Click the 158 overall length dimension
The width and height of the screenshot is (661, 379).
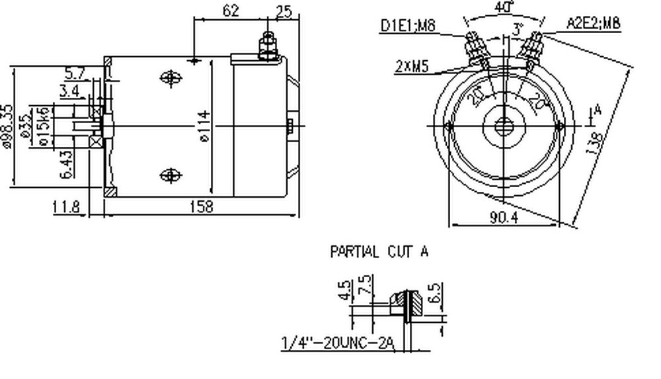click(x=201, y=207)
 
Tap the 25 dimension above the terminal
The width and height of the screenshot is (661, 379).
click(x=284, y=10)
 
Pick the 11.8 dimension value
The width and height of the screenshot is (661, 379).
click(x=66, y=207)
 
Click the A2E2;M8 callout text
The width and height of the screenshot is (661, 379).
click(x=594, y=24)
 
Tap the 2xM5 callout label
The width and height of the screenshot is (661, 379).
click(x=414, y=67)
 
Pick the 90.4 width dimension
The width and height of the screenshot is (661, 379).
click(x=505, y=218)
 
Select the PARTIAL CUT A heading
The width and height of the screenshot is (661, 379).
click(x=379, y=251)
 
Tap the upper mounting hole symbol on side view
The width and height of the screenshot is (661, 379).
click(x=171, y=77)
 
